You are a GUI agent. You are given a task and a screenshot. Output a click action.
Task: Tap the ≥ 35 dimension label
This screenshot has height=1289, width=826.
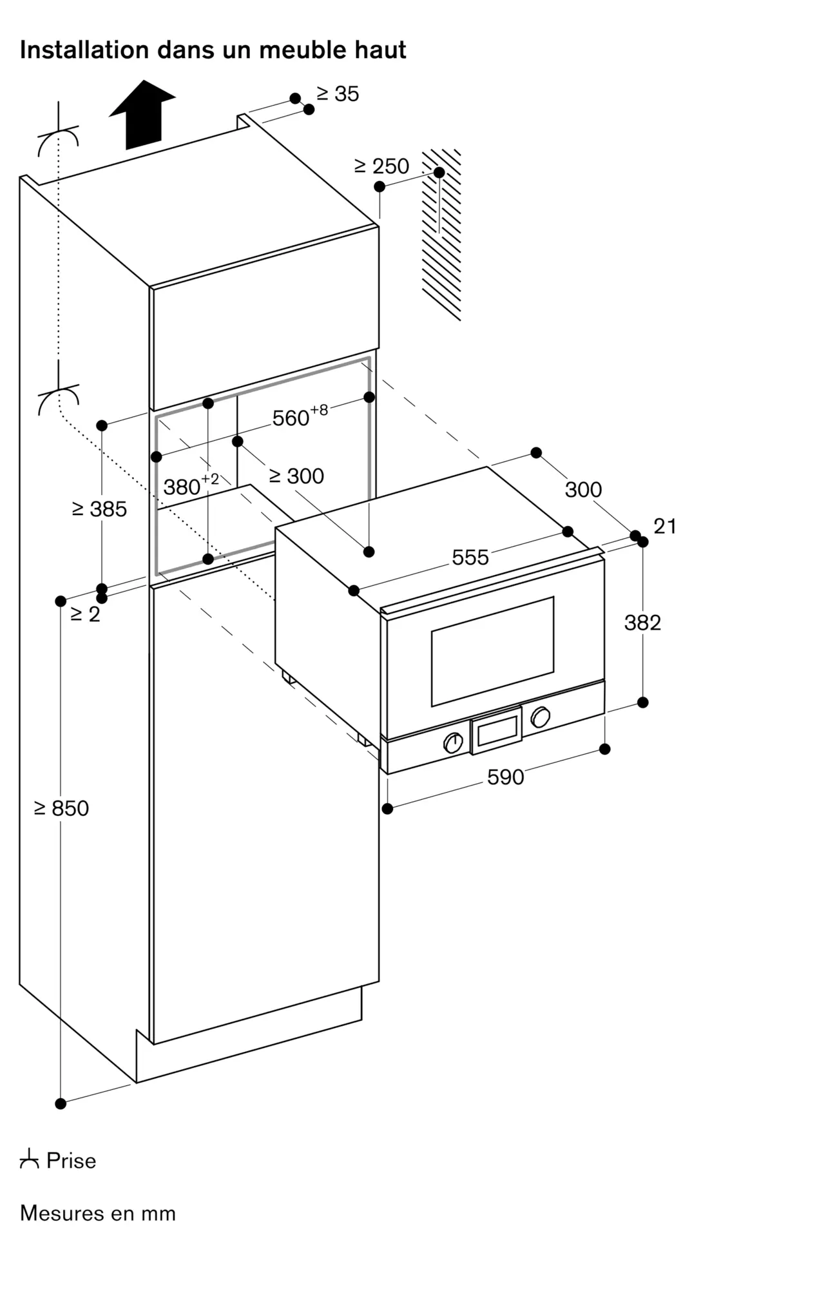338,94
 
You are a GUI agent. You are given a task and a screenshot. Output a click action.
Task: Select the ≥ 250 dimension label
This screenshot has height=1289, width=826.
381,166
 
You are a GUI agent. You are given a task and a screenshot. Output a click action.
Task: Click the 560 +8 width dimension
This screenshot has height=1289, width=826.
300,416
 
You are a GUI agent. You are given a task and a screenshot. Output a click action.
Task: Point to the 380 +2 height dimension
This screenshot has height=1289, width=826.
191,485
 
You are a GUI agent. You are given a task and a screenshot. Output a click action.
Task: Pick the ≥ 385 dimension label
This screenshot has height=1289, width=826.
100,509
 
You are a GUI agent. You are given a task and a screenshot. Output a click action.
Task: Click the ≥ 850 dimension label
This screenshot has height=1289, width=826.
62,808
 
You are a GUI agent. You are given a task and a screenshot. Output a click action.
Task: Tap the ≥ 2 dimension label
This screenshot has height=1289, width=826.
85,614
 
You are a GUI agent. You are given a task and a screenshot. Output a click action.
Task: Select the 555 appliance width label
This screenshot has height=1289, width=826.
470,557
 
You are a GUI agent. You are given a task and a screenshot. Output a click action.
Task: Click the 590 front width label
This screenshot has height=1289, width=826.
506,777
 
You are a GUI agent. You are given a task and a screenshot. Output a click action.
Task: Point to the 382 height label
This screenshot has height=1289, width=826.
643,623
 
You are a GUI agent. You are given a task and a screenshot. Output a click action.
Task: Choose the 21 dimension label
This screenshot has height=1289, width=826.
665,527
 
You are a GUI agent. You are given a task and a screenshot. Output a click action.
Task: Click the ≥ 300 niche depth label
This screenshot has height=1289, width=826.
296,476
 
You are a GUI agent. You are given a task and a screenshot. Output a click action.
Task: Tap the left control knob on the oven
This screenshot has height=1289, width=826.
454,742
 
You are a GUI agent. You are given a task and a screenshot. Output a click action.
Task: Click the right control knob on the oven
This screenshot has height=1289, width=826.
540,717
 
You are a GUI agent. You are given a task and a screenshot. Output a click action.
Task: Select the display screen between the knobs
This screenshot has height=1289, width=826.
496,730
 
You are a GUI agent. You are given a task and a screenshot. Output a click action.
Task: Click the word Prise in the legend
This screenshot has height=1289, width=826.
72,1161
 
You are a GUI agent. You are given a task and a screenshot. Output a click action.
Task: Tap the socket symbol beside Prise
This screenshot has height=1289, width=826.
29,1161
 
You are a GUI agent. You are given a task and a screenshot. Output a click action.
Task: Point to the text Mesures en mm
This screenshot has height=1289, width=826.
98,1214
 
